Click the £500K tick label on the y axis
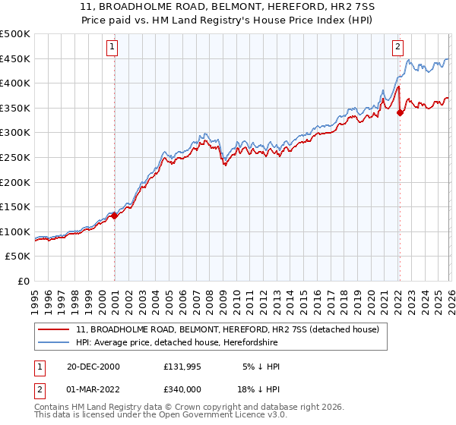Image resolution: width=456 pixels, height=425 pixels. click(x=15, y=34)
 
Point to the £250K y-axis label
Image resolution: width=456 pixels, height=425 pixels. click(x=15, y=157)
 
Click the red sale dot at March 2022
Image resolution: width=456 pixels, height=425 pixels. click(x=400, y=113)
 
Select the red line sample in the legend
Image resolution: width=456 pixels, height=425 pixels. click(x=54, y=329)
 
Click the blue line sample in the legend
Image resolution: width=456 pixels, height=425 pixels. click(x=54, y=342)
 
